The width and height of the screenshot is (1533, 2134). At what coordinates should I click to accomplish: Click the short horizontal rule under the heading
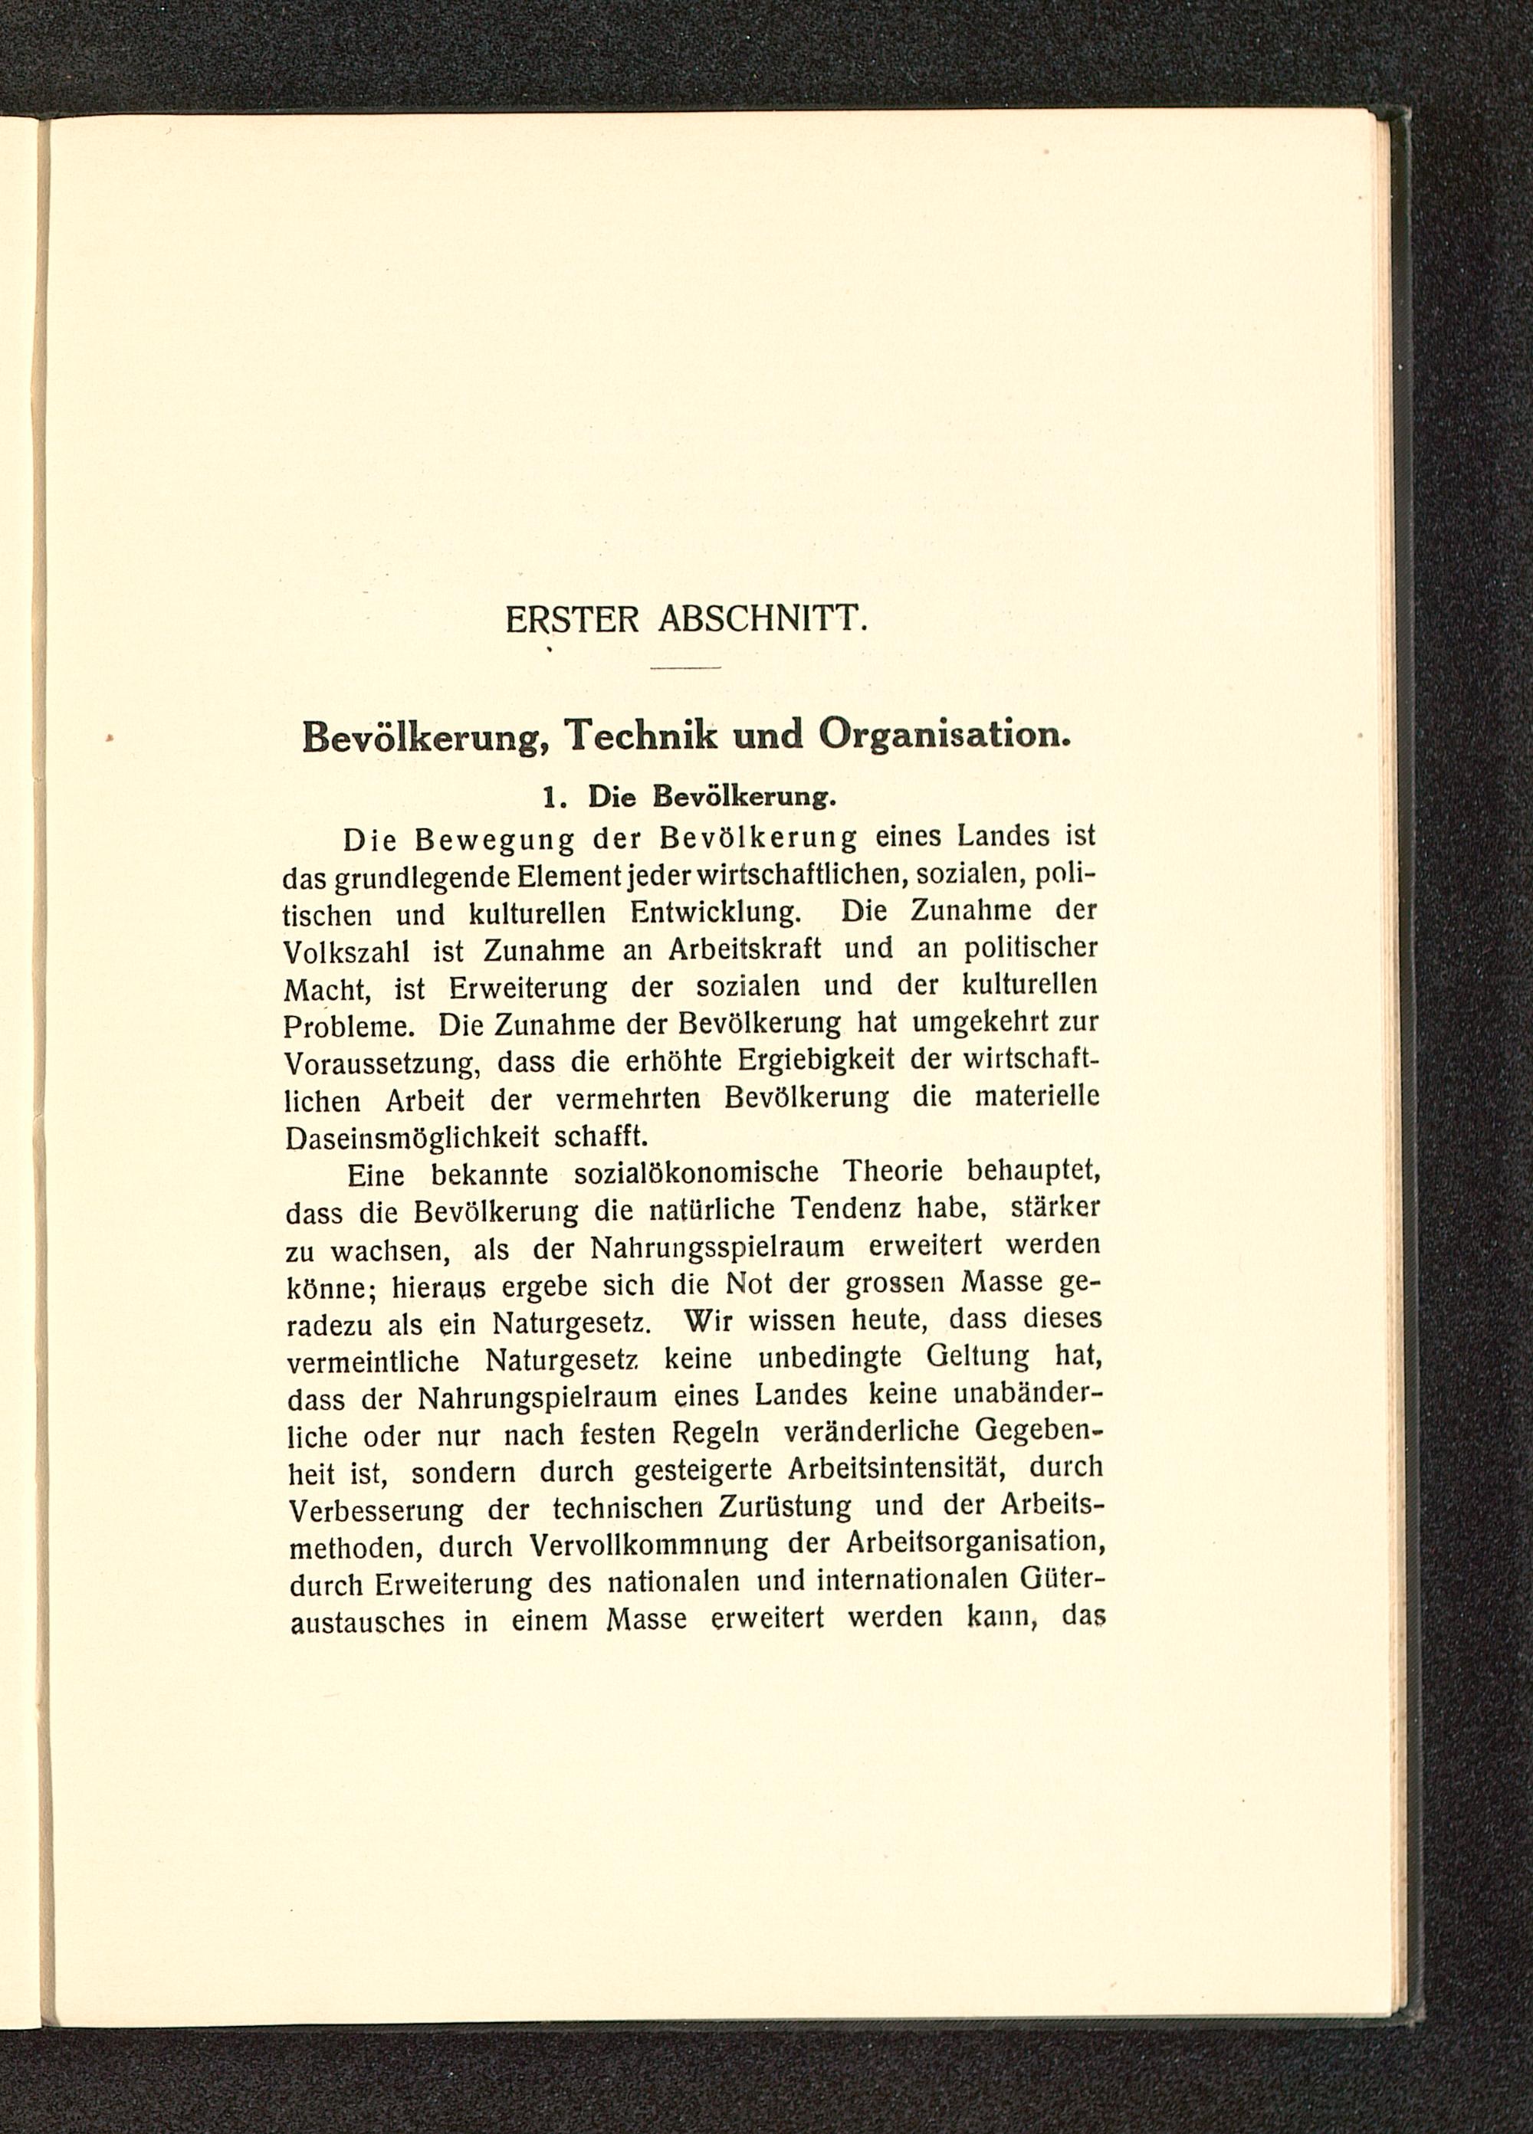684,668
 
